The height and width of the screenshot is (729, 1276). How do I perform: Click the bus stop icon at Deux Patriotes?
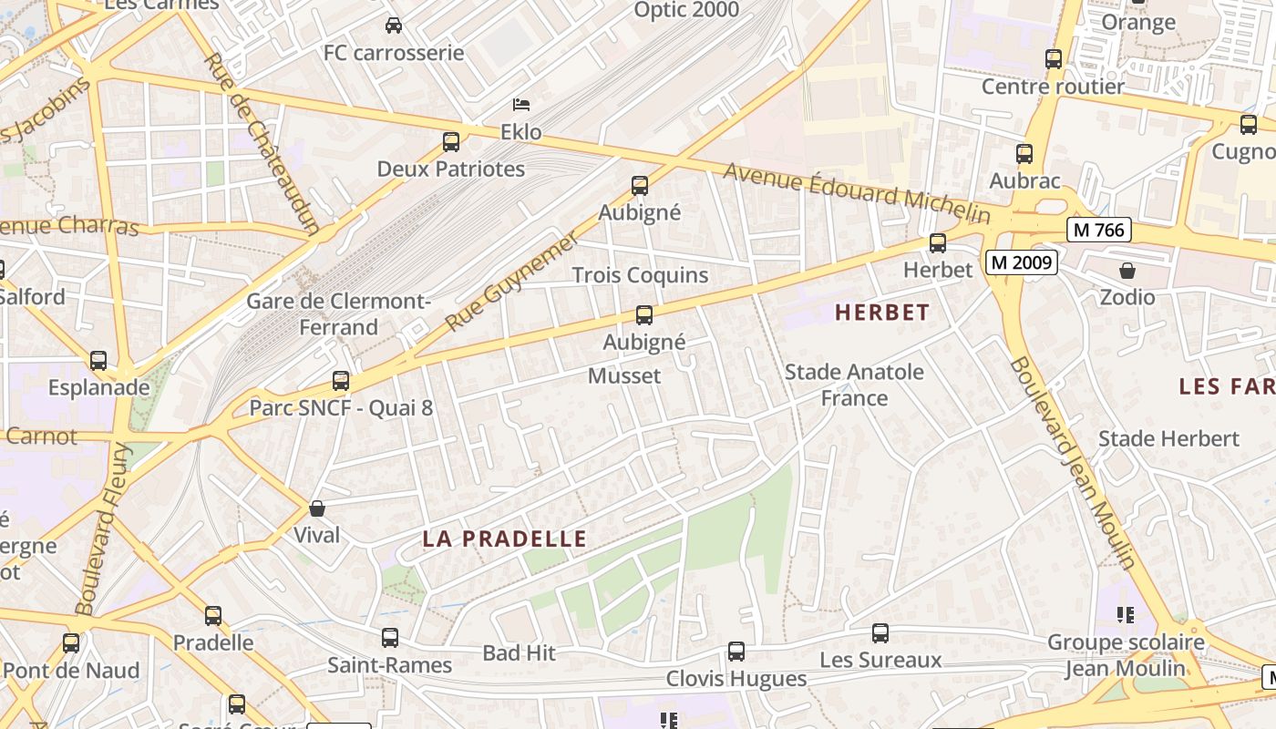pos(451,142)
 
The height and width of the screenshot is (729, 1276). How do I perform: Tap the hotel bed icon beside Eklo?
pos(521,105)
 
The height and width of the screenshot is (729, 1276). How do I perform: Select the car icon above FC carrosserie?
pos(394,26)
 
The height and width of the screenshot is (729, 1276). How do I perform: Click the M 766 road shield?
pos(1099,230)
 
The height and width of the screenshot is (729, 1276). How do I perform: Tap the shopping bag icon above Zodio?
pos(1127,271)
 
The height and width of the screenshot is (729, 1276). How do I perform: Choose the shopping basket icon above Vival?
pos(317,508)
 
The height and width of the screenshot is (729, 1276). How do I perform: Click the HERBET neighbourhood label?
pos(882,313)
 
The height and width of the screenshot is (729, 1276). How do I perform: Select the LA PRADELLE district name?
pos(504,539)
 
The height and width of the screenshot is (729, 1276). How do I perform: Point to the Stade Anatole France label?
pos(854,385)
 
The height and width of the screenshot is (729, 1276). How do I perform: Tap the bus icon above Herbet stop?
pos(938,243)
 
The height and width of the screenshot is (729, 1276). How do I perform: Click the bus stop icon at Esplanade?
pos(98,361)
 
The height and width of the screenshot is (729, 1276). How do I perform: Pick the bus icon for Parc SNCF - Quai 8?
pos(341,381)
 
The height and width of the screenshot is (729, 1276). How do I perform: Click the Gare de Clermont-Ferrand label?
pos(338,313)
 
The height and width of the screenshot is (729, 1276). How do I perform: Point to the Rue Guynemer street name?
pos(511,282)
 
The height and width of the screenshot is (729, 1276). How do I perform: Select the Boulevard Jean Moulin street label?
pos(1074,463)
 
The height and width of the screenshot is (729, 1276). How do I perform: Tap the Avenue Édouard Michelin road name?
pos(857,192)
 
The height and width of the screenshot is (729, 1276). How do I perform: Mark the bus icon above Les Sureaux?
pos(880,633)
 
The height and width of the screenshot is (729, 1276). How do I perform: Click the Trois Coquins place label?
pos(640,274)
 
